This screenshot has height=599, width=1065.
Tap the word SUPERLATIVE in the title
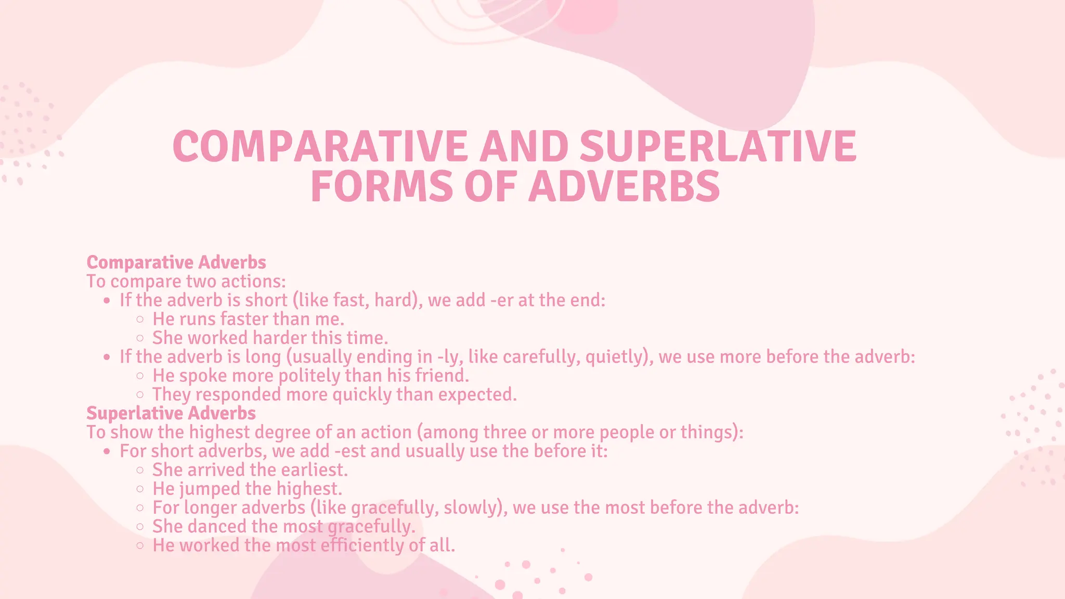pyautogui.click(x=718, y=147)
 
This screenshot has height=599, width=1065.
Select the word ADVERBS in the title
pyautogui.click(x=624, y=187)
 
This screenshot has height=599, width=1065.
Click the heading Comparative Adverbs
pyautogui.click(x=176, y=263)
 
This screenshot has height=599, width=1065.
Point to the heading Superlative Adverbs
pyautogui.click(x=171, y=413)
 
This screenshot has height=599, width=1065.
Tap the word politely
pyautogui.click(x=309, y=376)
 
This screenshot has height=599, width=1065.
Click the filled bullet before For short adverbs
pyautogui.click(x=107, y=451)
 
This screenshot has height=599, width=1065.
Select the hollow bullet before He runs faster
pyautogui.click(x=140, y=319)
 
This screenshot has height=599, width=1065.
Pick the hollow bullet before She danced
pyautogui.click(x=140, y=527)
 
